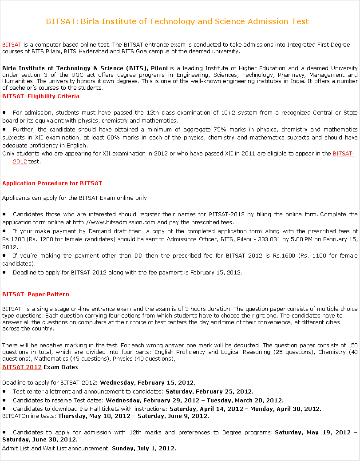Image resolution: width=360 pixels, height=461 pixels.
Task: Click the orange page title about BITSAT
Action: [x=177, y=21]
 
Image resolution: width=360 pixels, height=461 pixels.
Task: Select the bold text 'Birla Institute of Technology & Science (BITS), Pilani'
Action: [x=85, y=68]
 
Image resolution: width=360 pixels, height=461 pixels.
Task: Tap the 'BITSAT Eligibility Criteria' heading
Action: [x=41, y=96]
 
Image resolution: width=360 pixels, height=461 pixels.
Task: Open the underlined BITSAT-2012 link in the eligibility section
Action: [x=343, y=154]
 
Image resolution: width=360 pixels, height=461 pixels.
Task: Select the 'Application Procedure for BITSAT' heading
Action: [x=52, y=183]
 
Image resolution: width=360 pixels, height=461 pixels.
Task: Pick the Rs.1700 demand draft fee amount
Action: [x=13, y=239]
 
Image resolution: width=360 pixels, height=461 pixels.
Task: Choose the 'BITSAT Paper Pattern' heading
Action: [x=36, y=294]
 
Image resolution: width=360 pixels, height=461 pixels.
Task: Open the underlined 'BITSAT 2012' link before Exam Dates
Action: [x=22, y=367]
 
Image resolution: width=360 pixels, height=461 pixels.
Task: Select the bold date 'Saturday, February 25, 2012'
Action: [x=209, y=392]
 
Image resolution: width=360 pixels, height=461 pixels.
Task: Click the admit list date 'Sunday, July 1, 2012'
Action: [x=143, y=449]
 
